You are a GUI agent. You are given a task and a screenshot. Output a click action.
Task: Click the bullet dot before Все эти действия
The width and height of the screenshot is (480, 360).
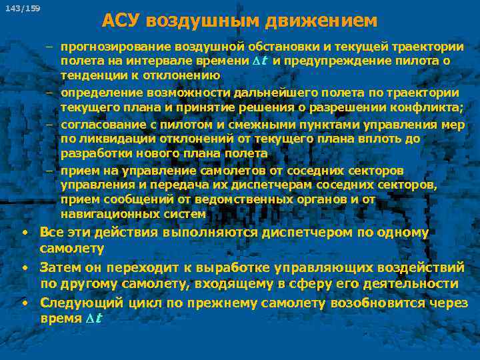coord(24,233)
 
